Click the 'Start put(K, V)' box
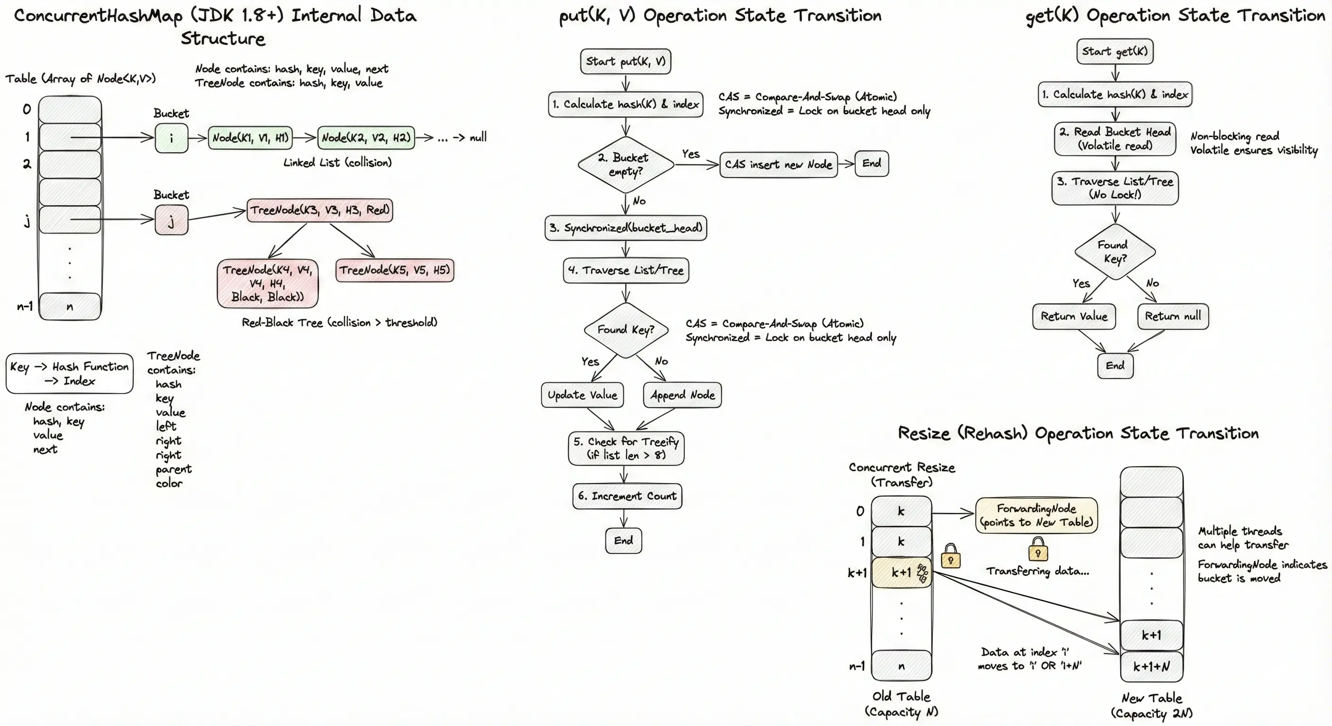pyautogui.click(x=626, y=61)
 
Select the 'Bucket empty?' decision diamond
pyautogui.click(x=626, y=164)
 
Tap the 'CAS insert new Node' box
pyautogui.click(x=778, y=164)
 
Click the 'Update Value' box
pyautogui.click(x=582, y=395)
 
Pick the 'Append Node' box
pyautogui.click(x=683, y=395)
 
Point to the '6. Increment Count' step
pyautogui.click(x=627, y=496)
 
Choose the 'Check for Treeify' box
pyautogui.click(x=626, y=448)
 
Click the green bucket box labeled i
pyautogui.click(x=171, y=138)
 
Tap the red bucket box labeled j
pyautogui.click(x=171, y=220)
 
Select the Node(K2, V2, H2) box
pyautogui.click(x=366, y=138)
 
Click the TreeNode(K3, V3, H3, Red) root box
pyautogui.click(x=320, y=210)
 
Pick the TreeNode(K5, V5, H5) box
pyautogui.click(x=394, y=270)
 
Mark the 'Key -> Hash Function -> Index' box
pyautogui.click(x=69, y=373)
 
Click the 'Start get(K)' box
pyautogui.click(x=1115, y=51)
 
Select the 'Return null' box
pyautogui.click(x=1173, y=316)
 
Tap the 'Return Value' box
pyautogui.click(x=1074, y=316)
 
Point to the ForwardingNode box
pyautogui.click(x=1036, y=515)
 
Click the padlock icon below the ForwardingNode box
pyautogui.click(x=1038, y=549)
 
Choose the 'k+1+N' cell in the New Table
pyautogui.click(x=1151, y=666)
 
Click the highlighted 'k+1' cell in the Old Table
pyautogui.click(x=901, y=572)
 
